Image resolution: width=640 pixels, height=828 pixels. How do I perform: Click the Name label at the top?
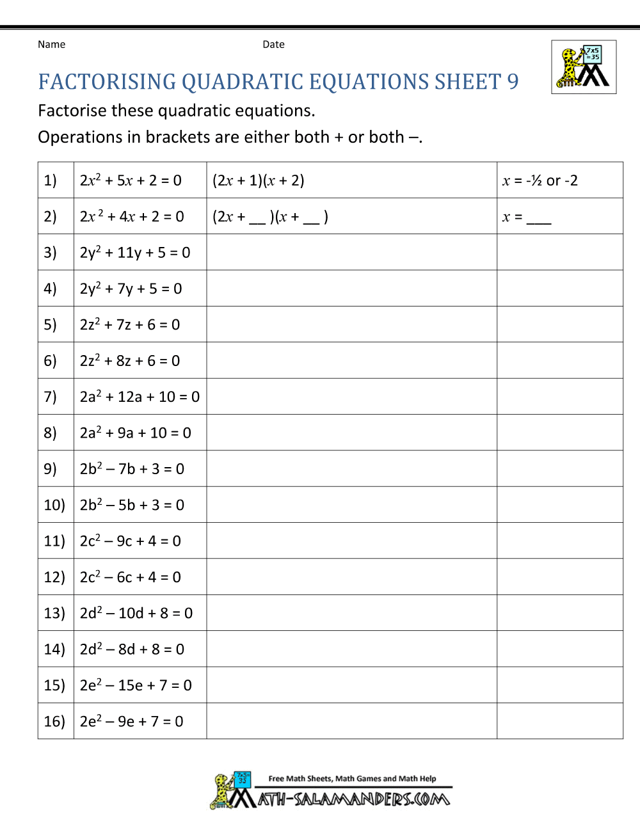51,44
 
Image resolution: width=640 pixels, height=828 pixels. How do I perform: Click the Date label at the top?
273,44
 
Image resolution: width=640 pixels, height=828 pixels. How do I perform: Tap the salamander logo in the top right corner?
584,67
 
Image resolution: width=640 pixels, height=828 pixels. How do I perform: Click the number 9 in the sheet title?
513,82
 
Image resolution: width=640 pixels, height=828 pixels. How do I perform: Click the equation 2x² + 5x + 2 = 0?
131,180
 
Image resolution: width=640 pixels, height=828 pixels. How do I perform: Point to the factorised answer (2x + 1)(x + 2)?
258,180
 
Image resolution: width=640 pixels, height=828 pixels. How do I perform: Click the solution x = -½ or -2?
540,180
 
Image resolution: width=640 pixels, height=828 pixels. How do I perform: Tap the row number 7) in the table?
50,397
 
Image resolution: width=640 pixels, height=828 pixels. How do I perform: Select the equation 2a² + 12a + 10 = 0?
140,397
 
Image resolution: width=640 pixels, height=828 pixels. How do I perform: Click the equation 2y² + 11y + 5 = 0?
135,253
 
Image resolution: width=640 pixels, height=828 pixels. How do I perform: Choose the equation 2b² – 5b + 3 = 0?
132,505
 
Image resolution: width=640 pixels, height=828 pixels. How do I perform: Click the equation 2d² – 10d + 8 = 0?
136,613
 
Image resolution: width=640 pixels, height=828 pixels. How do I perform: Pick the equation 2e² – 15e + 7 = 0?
136,685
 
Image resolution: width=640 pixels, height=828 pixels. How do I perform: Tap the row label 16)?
54,721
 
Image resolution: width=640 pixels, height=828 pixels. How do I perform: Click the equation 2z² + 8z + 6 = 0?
130,361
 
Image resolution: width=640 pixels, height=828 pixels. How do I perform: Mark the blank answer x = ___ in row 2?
527,217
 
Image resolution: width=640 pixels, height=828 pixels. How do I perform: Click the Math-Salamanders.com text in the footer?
353,799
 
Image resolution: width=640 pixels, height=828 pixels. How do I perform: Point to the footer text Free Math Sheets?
300,779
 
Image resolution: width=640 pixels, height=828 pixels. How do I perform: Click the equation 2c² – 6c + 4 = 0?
130,577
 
